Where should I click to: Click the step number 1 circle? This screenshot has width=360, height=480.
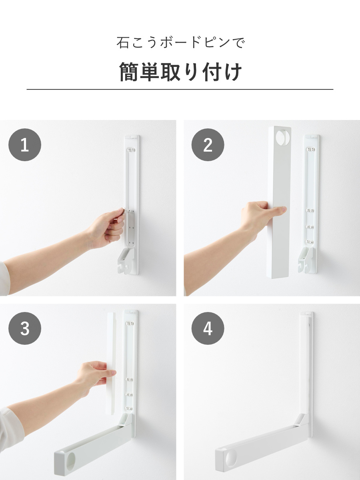pos(25,145)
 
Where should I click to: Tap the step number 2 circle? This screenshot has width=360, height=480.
pos(208,145)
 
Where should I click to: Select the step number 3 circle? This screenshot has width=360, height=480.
pos(25,328)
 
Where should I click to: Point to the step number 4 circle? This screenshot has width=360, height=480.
pos(208,328)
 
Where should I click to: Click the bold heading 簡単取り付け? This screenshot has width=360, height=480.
pos(180,72)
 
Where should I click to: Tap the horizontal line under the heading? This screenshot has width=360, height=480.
pos(180,89)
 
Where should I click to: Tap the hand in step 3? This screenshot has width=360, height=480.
pos(96,376)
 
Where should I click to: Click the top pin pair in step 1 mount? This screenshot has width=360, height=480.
pos(131,150)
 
